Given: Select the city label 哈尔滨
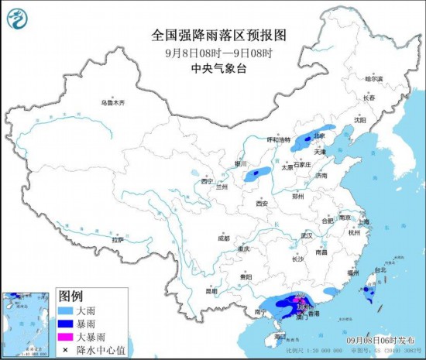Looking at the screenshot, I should tap(374, 79).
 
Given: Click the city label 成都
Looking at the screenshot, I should tap(224, 238).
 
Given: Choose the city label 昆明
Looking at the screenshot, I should tap(211, 291).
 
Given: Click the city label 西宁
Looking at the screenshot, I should tap(206, 181).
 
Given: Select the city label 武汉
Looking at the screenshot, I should tap(306, 235).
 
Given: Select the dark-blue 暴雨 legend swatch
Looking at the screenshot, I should tap(69, 324).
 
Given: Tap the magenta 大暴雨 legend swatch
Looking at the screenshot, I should tap(69, 338).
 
